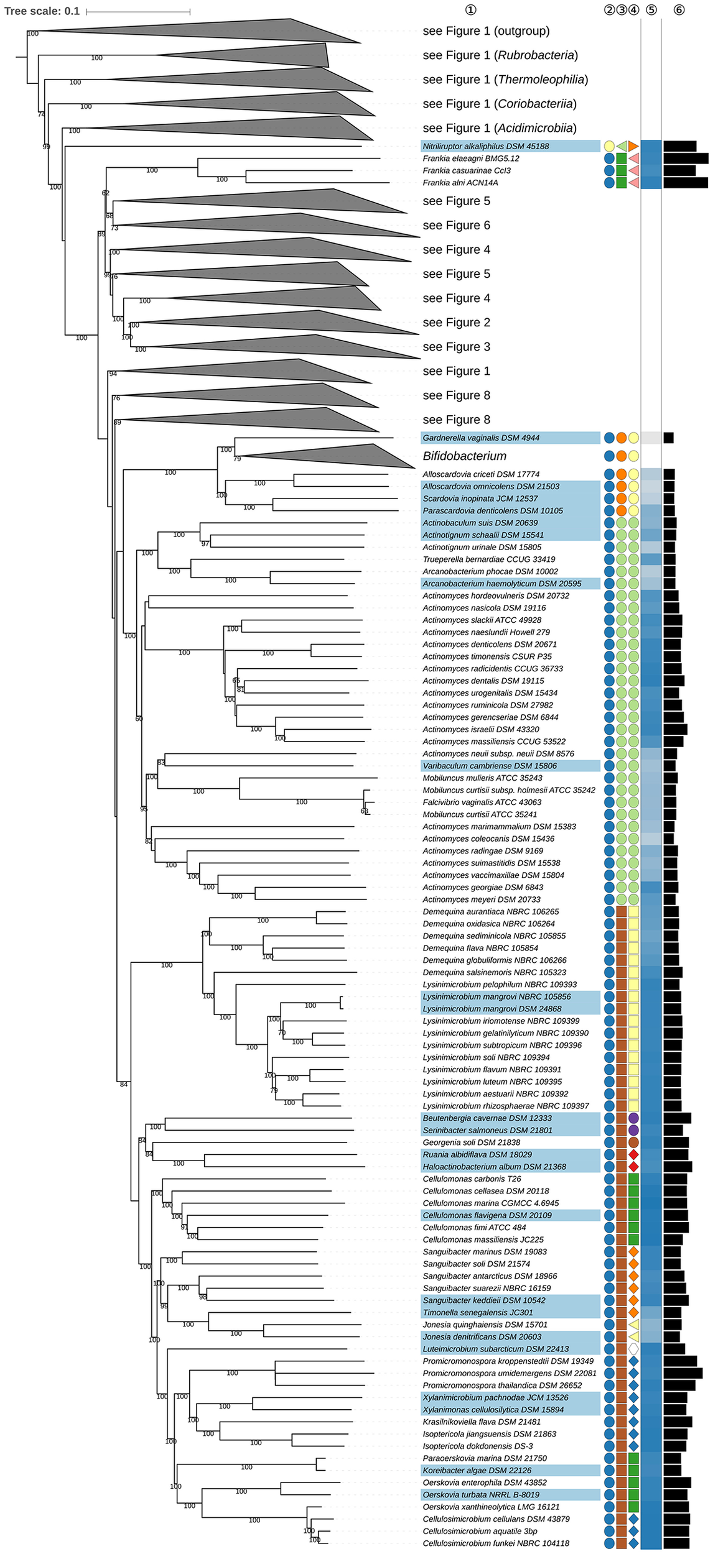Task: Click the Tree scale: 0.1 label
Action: pos(42,11)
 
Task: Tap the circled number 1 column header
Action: pos(470,10)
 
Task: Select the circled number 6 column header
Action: pos(679,10)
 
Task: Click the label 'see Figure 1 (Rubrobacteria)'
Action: pos(500,55)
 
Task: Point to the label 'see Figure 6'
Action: pos(456,225)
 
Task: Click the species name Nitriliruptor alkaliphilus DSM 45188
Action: pos(485,147)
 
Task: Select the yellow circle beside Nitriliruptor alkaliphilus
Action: pos(610,147)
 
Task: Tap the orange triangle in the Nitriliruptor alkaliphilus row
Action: pos(633,147)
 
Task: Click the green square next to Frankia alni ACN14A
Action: pos(621,183)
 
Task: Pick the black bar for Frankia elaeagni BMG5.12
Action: pos(686,159)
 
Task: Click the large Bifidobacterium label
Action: pos(465,456)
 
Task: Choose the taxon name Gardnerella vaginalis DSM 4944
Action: pos(481,438)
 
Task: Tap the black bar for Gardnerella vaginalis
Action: pos(668,438)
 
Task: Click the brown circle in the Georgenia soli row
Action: pos(633,1143)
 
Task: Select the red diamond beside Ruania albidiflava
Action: pos(633,1154)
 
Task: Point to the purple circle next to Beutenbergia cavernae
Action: pos(633,1118)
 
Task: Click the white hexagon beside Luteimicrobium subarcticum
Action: pos(633,1349)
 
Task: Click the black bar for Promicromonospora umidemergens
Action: pos(683,1373)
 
